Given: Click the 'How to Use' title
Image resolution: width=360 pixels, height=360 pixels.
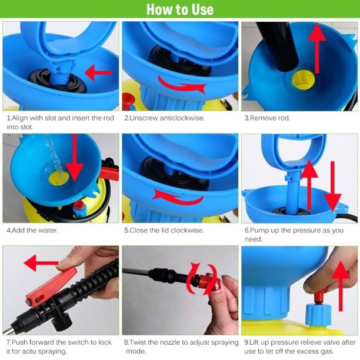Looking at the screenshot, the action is pos(180,9).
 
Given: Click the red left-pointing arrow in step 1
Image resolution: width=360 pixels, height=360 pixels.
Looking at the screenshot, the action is pos(98,72).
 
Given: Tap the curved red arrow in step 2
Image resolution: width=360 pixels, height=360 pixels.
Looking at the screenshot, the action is pos(181,85).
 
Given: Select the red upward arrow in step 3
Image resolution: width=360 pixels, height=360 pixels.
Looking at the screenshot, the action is pos(317,48).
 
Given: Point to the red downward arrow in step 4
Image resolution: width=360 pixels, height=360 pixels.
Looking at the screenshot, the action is pos(74,161).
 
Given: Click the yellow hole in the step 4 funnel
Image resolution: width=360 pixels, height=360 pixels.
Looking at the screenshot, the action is pos(59,178).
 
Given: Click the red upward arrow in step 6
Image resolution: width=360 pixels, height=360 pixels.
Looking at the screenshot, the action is pos(309,185).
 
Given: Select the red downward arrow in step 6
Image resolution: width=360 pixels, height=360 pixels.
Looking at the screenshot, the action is pos(333,186).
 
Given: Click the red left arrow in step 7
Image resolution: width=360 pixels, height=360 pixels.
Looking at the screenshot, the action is pos(41,262).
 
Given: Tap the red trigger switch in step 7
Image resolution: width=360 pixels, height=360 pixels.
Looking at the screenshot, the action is pos(51,286).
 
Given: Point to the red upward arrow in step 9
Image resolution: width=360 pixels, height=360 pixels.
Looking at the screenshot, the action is pos(341,286).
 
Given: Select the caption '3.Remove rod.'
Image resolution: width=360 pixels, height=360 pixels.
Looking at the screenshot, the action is pos(267,118).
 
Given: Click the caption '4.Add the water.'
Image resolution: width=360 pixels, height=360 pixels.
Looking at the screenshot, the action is pos(32,230).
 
